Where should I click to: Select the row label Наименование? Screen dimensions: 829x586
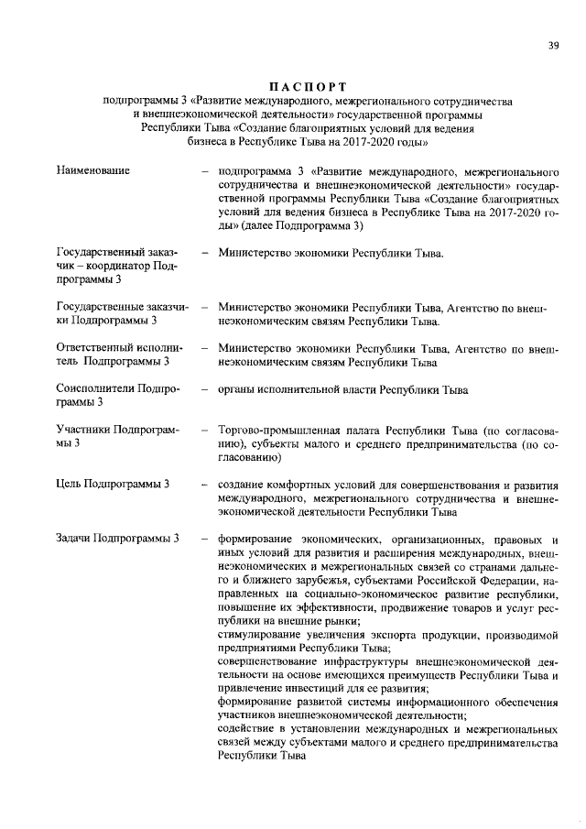(x=92, y=170)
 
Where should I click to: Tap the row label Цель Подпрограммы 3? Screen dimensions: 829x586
(x=113, y=484)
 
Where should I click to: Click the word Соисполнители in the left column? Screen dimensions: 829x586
(x=95, y=388)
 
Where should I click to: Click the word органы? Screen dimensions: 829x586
(x=237, y=388)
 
